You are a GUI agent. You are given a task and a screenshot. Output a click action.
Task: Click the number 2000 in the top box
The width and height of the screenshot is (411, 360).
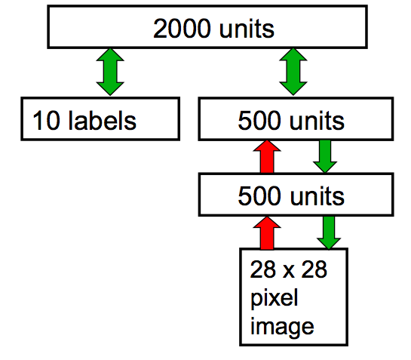click(x=182, y=29)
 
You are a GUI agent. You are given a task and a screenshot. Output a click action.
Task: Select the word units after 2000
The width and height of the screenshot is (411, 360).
click(x=247, y=29)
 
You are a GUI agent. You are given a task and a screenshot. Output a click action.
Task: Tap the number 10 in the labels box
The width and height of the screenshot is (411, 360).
click(x=47, y=120)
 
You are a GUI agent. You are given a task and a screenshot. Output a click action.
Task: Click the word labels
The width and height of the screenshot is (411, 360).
click(x=103, y=120)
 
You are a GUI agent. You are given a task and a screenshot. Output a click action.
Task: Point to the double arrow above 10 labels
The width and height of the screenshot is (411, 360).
click(x=110, y=72)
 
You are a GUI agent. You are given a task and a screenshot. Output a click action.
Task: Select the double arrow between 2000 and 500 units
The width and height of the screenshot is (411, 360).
click(x=293, y=72)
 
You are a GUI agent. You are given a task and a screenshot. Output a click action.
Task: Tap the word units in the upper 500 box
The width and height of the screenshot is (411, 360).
click(x=317, y=121)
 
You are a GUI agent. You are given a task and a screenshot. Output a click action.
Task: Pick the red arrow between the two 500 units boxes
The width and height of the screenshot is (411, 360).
click(x=267, y=157)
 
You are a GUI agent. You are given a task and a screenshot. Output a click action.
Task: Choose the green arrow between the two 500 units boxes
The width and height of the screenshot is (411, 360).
click(x=325, y=157)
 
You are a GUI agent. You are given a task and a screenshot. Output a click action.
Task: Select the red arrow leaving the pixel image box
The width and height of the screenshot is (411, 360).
click(x=267, y=233)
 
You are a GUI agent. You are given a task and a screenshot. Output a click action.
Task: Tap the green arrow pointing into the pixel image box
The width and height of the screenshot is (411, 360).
click(x=329, y=232)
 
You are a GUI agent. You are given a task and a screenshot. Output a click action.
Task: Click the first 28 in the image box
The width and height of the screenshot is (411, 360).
click(x=263, y=269)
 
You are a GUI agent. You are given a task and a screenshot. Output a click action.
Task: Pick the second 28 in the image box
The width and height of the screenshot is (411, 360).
click(x=314, y=269)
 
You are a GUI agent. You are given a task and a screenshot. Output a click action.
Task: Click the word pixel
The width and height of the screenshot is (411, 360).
click(x=275, y=298)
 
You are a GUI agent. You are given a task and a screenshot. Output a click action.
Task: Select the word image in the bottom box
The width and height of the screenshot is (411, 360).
click(x=282, y=326)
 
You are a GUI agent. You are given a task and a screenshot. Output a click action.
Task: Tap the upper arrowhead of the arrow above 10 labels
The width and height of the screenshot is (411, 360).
click(x=110, y=54)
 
